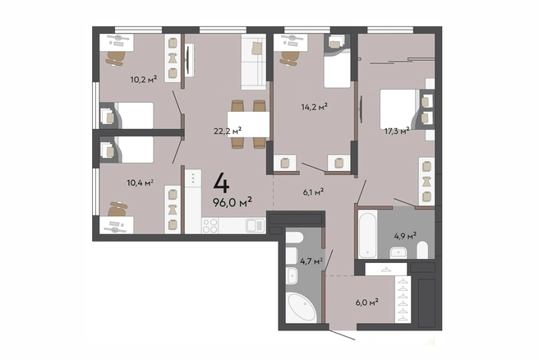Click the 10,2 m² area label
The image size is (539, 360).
[x=144, y=80]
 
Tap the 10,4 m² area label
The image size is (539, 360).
[x=141, y=182]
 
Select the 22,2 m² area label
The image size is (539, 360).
[x=228, y=131]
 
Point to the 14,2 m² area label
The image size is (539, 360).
[x=314, y=107]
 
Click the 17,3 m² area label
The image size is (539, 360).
[x=397, y=131]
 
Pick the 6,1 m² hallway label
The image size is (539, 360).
[x=313, y=192]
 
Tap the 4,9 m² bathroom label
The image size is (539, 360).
[x=405, y=236]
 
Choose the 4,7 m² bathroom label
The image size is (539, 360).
[x=311, y=261]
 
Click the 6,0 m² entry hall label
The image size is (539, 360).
[x=367, y=302]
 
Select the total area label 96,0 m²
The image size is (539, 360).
[x=233, y=202]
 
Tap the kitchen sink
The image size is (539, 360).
[x=255, y=225]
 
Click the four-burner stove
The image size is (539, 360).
[x=210, y=225]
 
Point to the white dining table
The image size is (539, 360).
[x=248, y=124]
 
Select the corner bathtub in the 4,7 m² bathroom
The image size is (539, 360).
[x=301, y=307]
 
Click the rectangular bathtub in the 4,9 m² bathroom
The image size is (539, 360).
[x=368, y=233]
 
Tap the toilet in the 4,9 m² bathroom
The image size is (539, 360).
[x=422, y=250]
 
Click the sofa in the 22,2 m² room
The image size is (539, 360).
[x=254, y=62]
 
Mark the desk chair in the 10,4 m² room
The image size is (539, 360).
[x=117, y=209]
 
